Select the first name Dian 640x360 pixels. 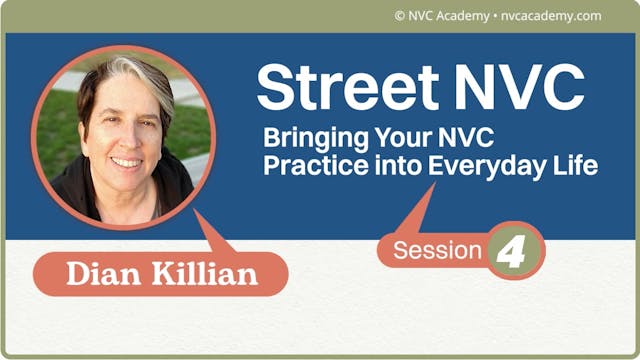click(x=102, y=273)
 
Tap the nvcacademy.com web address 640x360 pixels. click(x=551, y=15)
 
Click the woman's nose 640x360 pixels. click(x=124, y=136)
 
